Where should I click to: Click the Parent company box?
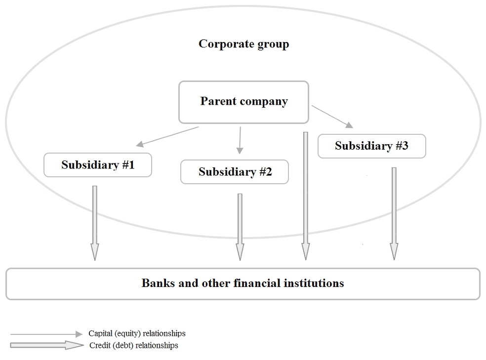tap(243, 102)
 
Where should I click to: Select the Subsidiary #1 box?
tap(98, 165)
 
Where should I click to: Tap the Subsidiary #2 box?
tap(235, 172)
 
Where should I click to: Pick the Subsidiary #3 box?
tap(371, 146)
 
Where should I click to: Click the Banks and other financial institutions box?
tap(243, 283)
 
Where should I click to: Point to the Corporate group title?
tap(243, 44)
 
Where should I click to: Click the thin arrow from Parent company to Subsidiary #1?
tap(168, 136)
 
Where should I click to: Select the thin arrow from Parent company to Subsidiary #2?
tap(240, 140)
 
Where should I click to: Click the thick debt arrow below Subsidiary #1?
tap(95, 222)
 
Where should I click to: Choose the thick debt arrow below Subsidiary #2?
tap(240, 226)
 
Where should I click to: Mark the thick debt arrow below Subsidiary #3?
tap(394, 212)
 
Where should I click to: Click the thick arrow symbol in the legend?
tap(47, 345)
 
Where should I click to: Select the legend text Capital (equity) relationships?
tap(137, 334)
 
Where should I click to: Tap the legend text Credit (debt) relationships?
tap(133, 345)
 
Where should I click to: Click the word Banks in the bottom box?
tap(157, 283)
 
